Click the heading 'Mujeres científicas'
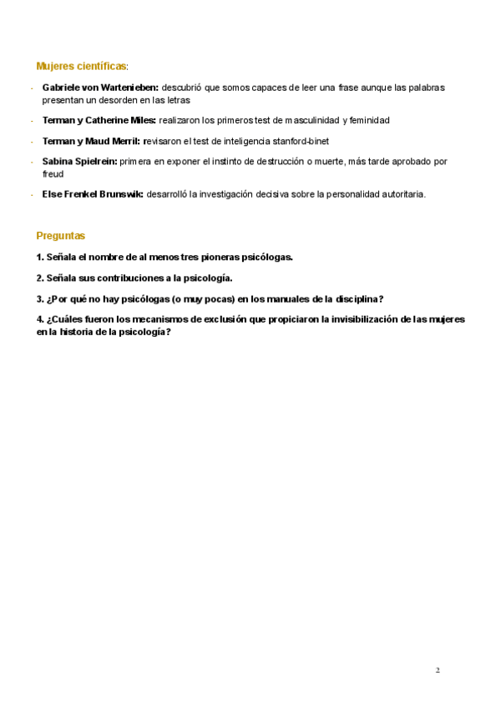click(80, 66)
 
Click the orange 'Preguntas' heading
click(60, 236)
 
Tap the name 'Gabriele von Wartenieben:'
click(100, 87)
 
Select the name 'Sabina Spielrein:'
click(79, 161)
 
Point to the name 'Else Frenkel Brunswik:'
click(92, 194)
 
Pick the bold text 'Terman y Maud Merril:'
click(91, 141)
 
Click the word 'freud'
click(53, 174)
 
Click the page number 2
click(438, 669)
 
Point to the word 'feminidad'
click(369, 120)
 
